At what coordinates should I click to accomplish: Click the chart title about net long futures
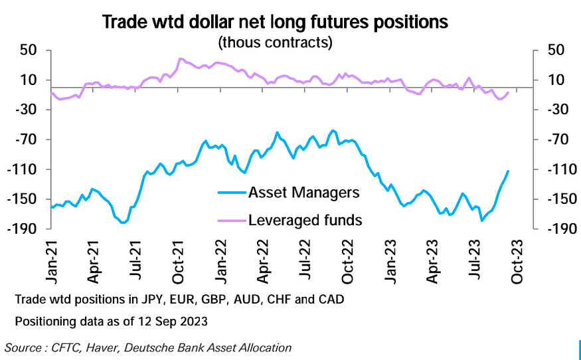pos(276,23)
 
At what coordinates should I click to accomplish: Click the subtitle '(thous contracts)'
pos(276,43)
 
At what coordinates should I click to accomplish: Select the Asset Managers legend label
pos(303,193)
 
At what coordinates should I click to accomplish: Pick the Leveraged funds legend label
pos(305,220)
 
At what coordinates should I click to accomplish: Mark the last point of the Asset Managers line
pos(509,171)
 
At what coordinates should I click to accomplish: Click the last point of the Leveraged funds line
pos(509,92)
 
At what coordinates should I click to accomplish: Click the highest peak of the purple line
pos(180,58)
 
